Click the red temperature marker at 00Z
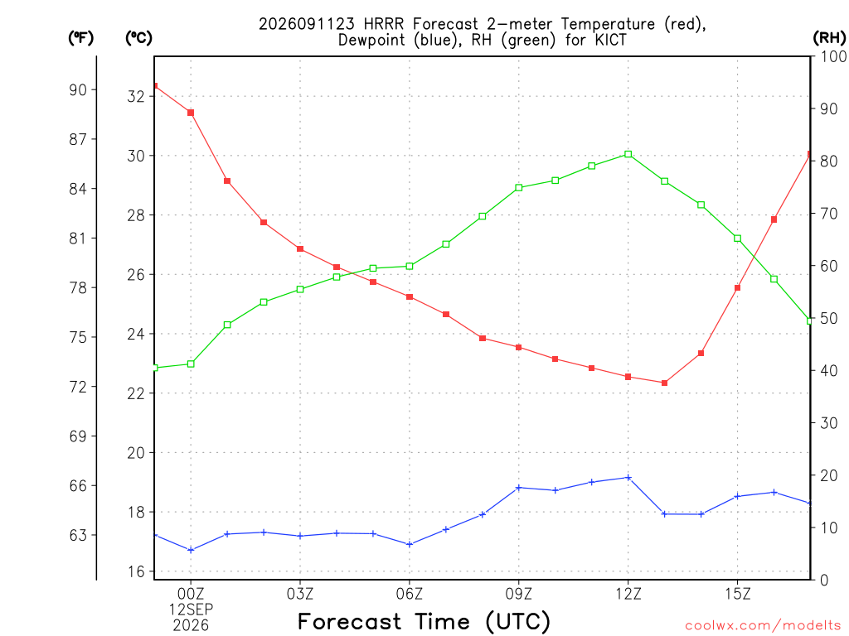191,113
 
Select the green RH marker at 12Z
628,154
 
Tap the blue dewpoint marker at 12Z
628,478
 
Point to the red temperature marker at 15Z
737,287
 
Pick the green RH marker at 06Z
410,266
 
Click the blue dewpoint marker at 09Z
519,488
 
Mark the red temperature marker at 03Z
300,248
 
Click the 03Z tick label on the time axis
300,594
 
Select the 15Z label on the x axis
737,594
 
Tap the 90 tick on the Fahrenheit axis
78,89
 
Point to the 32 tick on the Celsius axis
137,96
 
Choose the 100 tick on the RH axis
833,56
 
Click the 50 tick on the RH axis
828,319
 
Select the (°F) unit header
80,38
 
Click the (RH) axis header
829,38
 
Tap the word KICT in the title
610,40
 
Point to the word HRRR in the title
385,24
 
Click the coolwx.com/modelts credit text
763,626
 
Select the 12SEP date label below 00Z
191,609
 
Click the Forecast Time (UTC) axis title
424,622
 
